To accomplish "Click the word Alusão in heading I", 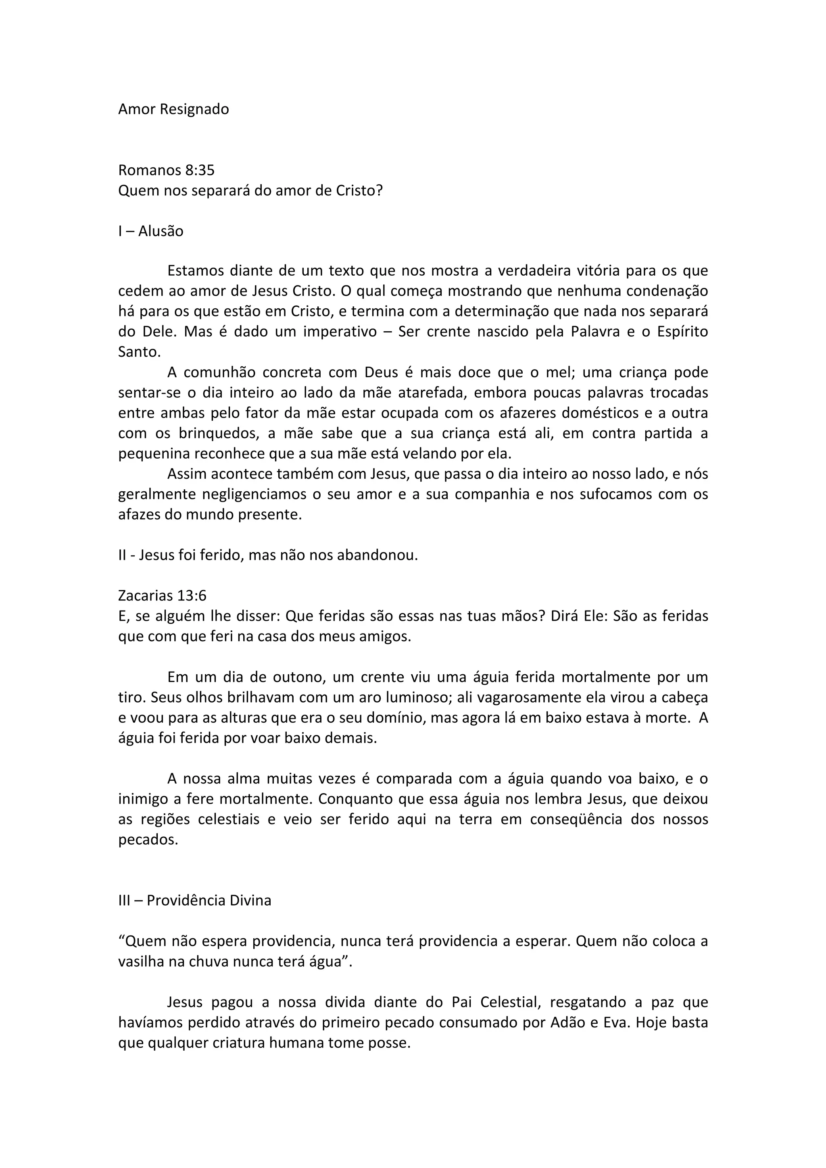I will pos(161,231).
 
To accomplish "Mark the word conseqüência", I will pos(570,819).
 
